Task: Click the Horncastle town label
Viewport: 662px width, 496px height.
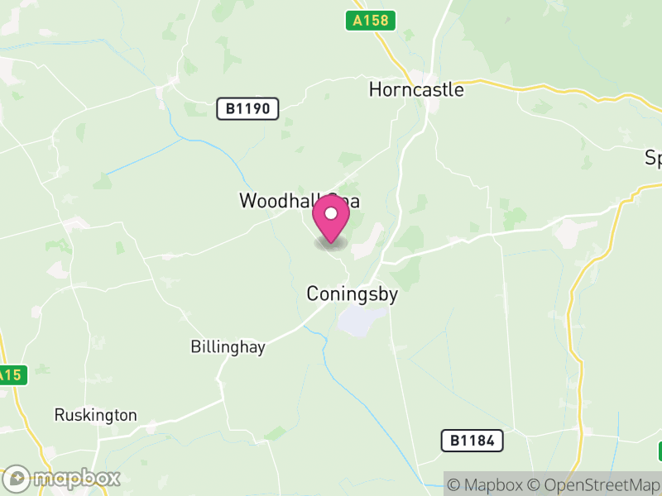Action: click(416, 89)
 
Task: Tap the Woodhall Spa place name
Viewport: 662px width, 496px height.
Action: click(300, 201)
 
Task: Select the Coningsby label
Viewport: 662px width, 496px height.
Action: click(353, 293)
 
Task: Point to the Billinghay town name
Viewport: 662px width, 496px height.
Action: click(228, 347)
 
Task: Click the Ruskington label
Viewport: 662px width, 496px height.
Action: click(95, 415)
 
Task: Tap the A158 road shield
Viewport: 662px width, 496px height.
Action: click(370, 21)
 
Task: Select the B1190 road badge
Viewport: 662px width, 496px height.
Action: click(248, 108)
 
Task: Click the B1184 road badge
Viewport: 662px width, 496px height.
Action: click(472, 441)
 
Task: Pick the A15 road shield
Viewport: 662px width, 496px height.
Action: click(11, 375)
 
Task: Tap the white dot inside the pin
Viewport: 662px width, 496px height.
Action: click(331, 214)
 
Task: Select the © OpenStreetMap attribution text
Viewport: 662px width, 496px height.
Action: click(595, 484)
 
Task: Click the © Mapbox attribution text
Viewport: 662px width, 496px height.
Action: click(487, 484)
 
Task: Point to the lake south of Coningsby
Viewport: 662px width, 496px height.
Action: click(362, 320)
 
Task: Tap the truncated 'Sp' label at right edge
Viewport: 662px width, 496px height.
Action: click(653, 159)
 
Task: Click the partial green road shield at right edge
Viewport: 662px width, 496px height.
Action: click(660, 451)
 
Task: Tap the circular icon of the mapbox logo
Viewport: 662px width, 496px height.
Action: click(17, 478)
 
